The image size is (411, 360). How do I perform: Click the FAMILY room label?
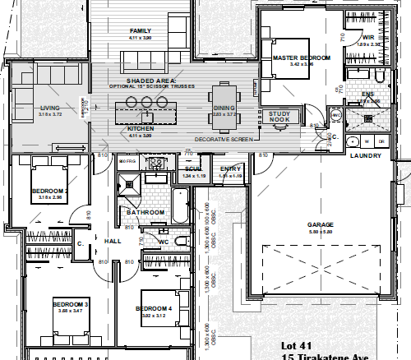pos(141,31)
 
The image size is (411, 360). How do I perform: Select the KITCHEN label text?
pos(141,129)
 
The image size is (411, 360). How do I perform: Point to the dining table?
pos(224,95)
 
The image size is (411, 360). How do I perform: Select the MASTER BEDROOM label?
pos(302,58)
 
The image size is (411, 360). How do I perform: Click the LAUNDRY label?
pos(363,155)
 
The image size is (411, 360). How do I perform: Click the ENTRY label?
pos(230,169)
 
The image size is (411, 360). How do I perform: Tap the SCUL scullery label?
pos(194,169)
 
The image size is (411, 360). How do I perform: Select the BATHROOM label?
pos(146,212)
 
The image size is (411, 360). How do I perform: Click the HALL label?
pos(113,240)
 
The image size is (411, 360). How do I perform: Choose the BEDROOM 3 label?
pos(70,304)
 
